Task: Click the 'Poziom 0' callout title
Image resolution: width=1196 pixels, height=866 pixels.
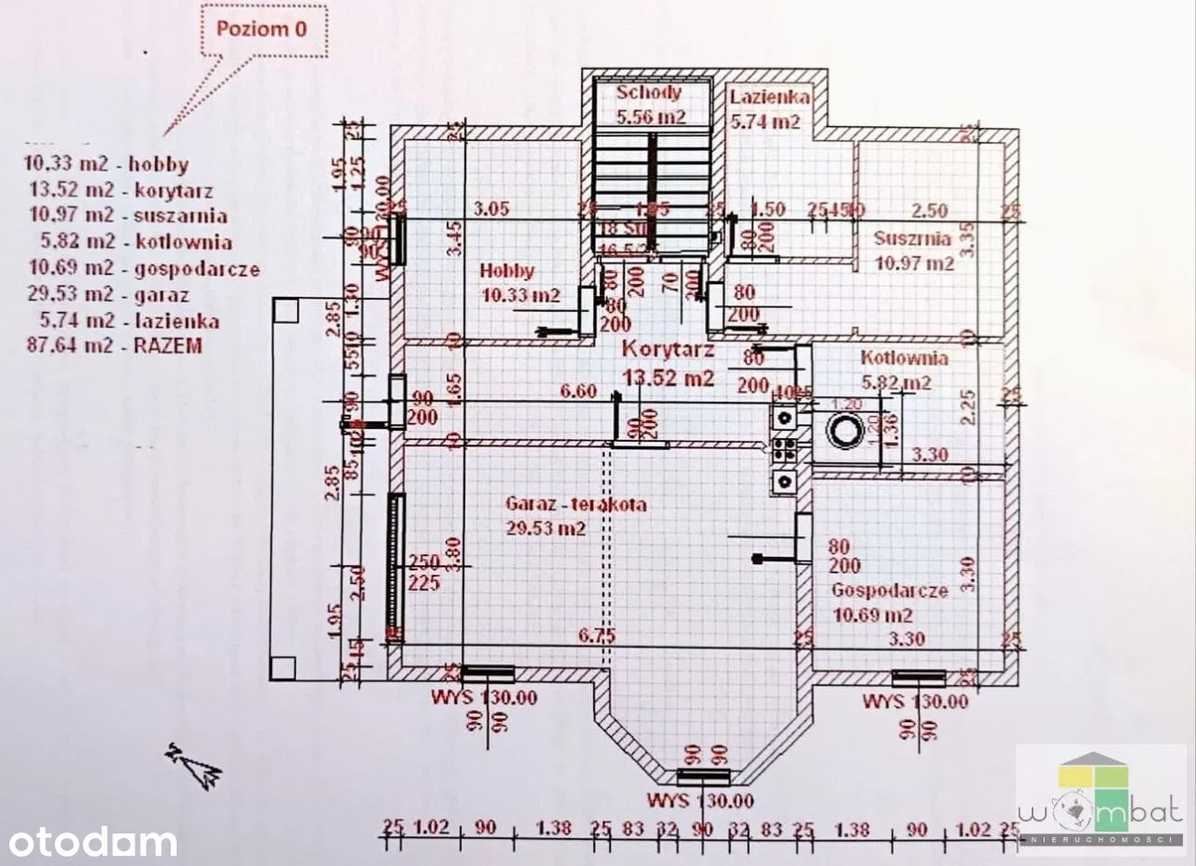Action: tap(262, 28)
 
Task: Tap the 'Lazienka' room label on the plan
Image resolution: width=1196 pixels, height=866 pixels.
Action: tap(770, 97)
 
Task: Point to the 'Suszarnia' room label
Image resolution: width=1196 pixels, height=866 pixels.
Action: tap(912, 239)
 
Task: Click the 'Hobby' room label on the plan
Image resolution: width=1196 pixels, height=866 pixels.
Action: tap(507, 271)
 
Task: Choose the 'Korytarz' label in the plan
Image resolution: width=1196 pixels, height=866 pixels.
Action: tap(669, 351)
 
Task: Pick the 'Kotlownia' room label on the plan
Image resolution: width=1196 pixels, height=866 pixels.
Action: tap(904, 359)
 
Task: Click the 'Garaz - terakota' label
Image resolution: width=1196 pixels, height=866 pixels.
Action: tap(576, 504)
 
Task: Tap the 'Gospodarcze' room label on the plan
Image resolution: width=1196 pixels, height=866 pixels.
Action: tap(890, 590)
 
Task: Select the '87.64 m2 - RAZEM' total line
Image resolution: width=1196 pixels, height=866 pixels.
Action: tap(115, 346)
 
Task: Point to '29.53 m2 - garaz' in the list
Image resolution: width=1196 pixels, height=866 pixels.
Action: tap(109, 295)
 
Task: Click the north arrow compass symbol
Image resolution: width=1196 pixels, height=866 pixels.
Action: tap(193, 762)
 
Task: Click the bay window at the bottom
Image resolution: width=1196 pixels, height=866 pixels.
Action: tap(703, 776)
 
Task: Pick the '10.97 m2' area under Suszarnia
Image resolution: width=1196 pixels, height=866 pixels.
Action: tap(914, 264)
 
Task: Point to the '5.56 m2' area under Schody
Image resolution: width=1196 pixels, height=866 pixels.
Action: tap(650, 118)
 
